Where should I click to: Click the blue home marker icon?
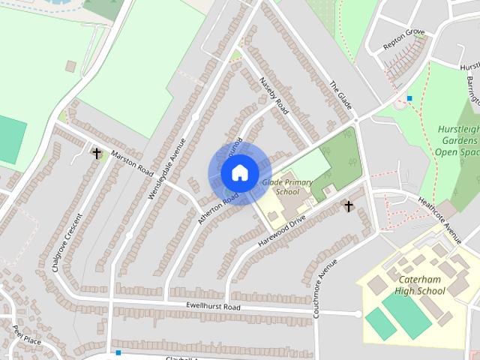coord(238,172)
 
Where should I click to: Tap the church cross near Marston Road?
coord(97,153)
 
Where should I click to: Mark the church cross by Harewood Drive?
coord(348,205)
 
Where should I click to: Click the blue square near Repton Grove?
coord(409,98)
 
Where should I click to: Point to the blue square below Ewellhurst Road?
coord(118,352)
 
